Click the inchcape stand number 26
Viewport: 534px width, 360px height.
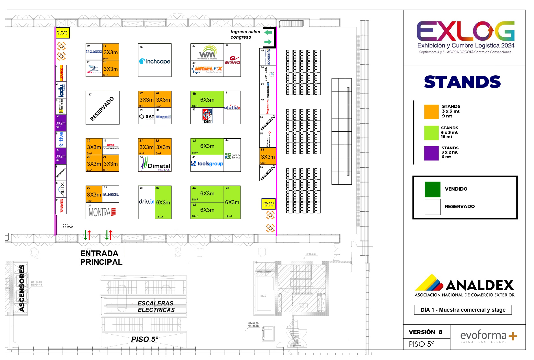tap(155, 60)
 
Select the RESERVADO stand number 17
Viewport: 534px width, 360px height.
tap(102, 108)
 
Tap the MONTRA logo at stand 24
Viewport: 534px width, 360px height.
tap(102, 212)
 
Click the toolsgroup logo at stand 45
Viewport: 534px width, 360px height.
tap(207, 164)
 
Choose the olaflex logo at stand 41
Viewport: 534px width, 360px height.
tap(232, 108)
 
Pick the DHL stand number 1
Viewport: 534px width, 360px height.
tap(61, 73)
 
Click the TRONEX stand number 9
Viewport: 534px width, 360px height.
tap(61, 206)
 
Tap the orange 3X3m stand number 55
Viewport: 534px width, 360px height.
tap(268, 156)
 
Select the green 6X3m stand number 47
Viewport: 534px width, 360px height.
tap(232, 202)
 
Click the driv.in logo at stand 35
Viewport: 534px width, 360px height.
tap(146, 202)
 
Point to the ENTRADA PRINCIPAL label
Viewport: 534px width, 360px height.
tap(101, 258)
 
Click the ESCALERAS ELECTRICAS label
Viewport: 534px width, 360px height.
tap(156, 307)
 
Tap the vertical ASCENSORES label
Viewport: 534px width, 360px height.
tap(22, 288)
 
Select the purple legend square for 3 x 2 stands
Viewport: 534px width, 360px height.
tap(431, 153)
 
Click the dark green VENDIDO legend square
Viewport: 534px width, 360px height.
tap(432, 189)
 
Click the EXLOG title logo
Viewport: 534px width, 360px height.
tap(465, 32)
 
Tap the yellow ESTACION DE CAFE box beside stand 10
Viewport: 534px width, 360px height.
tap(62, 33)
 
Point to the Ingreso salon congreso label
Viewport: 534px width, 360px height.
tap(245, 34)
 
